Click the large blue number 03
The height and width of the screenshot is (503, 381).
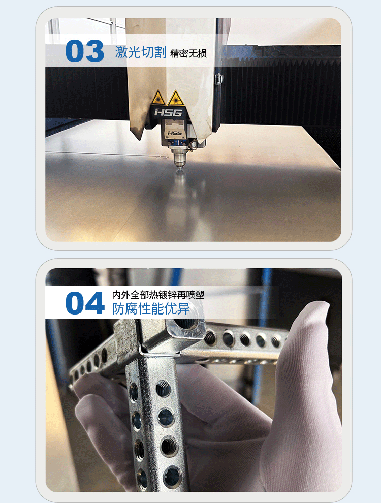pyautogui.click(x=85, y=51)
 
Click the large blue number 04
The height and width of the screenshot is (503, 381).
pyautogui.click(x=85, y=303)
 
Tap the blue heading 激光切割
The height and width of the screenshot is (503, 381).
pyautogui.click(x=141, y=52)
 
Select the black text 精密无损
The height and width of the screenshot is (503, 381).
pyautogui.click(x=188, y=53)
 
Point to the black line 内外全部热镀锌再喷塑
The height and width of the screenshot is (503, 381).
pyautogui.click(x=158, y=295)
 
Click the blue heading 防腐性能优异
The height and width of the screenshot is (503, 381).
pyautogui.click(x=151, y=308)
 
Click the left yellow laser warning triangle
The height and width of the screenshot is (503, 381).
pyautogui.click(x=158, y=98)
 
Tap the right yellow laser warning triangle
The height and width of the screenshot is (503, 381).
pyautogui.click(x=175, y=98)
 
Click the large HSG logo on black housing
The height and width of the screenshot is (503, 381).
pyautogui.click(x=168, y=113)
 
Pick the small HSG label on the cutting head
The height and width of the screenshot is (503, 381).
pyautogui.click(x=175, y=133)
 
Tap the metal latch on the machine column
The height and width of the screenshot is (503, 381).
pyautogui.click(x=219, y=79)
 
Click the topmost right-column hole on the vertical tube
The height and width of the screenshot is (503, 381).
pyautogui.click(x=163, y=389)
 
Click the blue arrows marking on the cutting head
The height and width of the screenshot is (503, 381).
pyautogui.click(x=176, y=142)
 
